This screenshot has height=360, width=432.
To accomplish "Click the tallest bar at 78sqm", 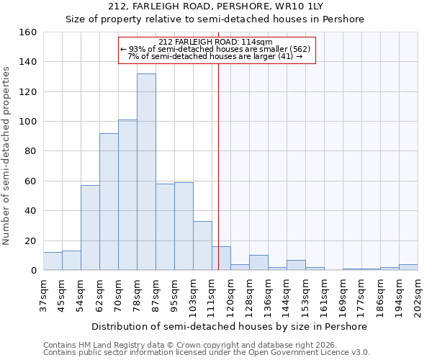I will [x=146, y=172].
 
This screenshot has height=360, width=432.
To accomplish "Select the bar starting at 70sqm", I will [x=127, y=195].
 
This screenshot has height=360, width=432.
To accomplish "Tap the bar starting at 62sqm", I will [x=109, y=202].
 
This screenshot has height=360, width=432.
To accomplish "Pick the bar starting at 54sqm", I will [x=90, y=228].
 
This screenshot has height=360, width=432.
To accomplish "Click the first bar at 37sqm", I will [x=53, y=261].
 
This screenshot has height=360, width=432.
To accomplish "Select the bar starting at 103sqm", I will [x=202, y=246].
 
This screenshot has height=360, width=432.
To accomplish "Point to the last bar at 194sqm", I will [x=408, y=267].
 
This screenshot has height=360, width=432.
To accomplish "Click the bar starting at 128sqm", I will [x=258, y=263].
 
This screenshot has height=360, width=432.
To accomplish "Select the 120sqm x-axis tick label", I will [x=230, y=295].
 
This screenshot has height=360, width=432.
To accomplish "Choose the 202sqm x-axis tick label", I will [x=418, y=295].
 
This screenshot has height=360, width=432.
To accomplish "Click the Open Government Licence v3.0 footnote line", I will [x=207, y=353].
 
